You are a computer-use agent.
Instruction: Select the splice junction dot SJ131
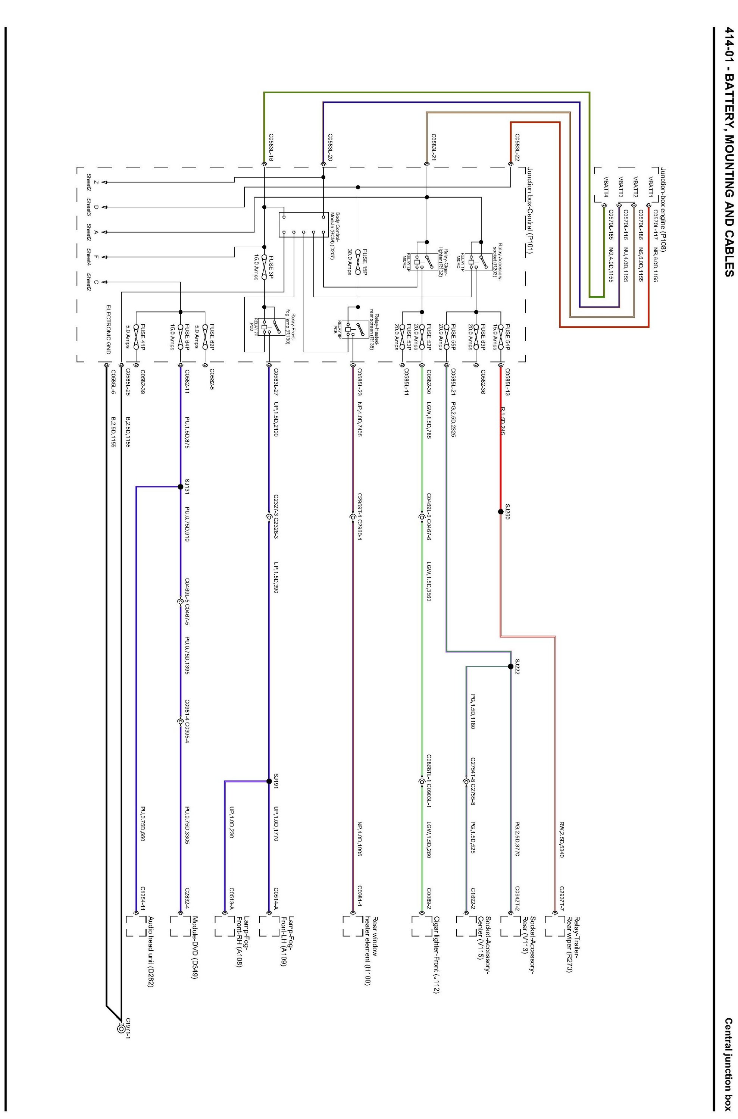pyautogui.click(x=180, y=487)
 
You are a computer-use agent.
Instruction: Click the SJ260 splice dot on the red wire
pyautogui.click(x=501, y=511)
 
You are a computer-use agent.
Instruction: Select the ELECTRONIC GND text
pyautogui.click(x=108, y=329)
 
